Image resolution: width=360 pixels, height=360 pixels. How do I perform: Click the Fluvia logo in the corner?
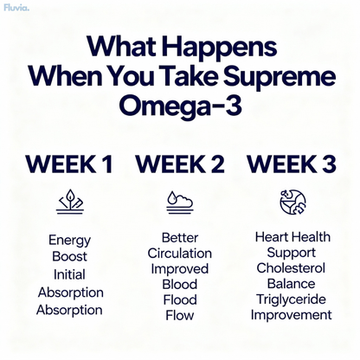[x=16, y=8]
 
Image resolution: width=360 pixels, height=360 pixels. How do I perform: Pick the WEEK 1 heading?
[x=69, y=164]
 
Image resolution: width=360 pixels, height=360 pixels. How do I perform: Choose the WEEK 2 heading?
[x=180, y=164]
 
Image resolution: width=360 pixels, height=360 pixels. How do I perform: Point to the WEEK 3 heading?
[x=292, y=164]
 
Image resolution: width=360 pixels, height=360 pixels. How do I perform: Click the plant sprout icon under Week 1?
[x=70, y=202]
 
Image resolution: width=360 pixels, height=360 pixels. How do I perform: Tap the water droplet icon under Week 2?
[x=179, y=202]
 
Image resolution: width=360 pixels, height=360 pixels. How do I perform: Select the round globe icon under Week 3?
[x=292, y=202]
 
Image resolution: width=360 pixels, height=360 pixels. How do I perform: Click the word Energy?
[x=69, y=241]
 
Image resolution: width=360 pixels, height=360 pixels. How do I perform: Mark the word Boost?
[x=69, y=257]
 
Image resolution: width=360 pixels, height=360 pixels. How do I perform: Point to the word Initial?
[x=69, y=274]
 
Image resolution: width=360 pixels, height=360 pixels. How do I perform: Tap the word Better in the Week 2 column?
[x=179, y=237]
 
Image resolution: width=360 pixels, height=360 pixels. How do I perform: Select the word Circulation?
[x=179, y=254]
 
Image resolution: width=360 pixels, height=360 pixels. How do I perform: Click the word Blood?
[x=179, y=285]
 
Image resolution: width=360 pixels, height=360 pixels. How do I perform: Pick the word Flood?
[x=179, y=300]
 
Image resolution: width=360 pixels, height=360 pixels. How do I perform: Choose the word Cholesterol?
[x=291, y=268]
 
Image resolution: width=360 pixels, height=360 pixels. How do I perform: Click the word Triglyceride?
[x=291, y=299]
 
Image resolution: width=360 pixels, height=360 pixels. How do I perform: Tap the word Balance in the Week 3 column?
[x=291, y=284]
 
